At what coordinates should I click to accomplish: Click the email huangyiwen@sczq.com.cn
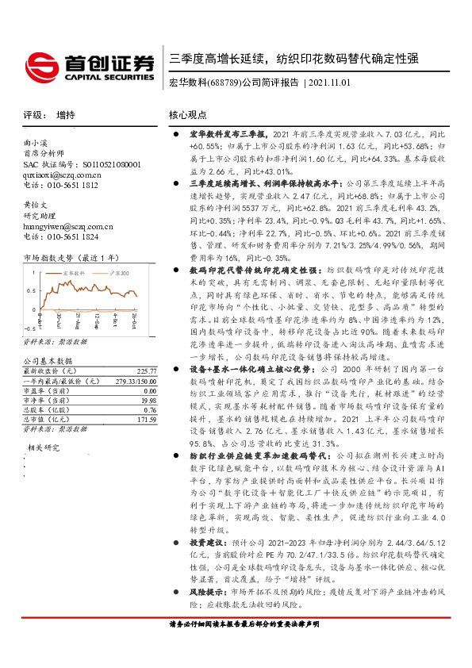(69, 226)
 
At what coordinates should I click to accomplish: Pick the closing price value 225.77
(148, 370)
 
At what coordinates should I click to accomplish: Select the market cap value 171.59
(148, 419)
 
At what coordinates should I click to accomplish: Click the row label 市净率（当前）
(48, 400)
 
